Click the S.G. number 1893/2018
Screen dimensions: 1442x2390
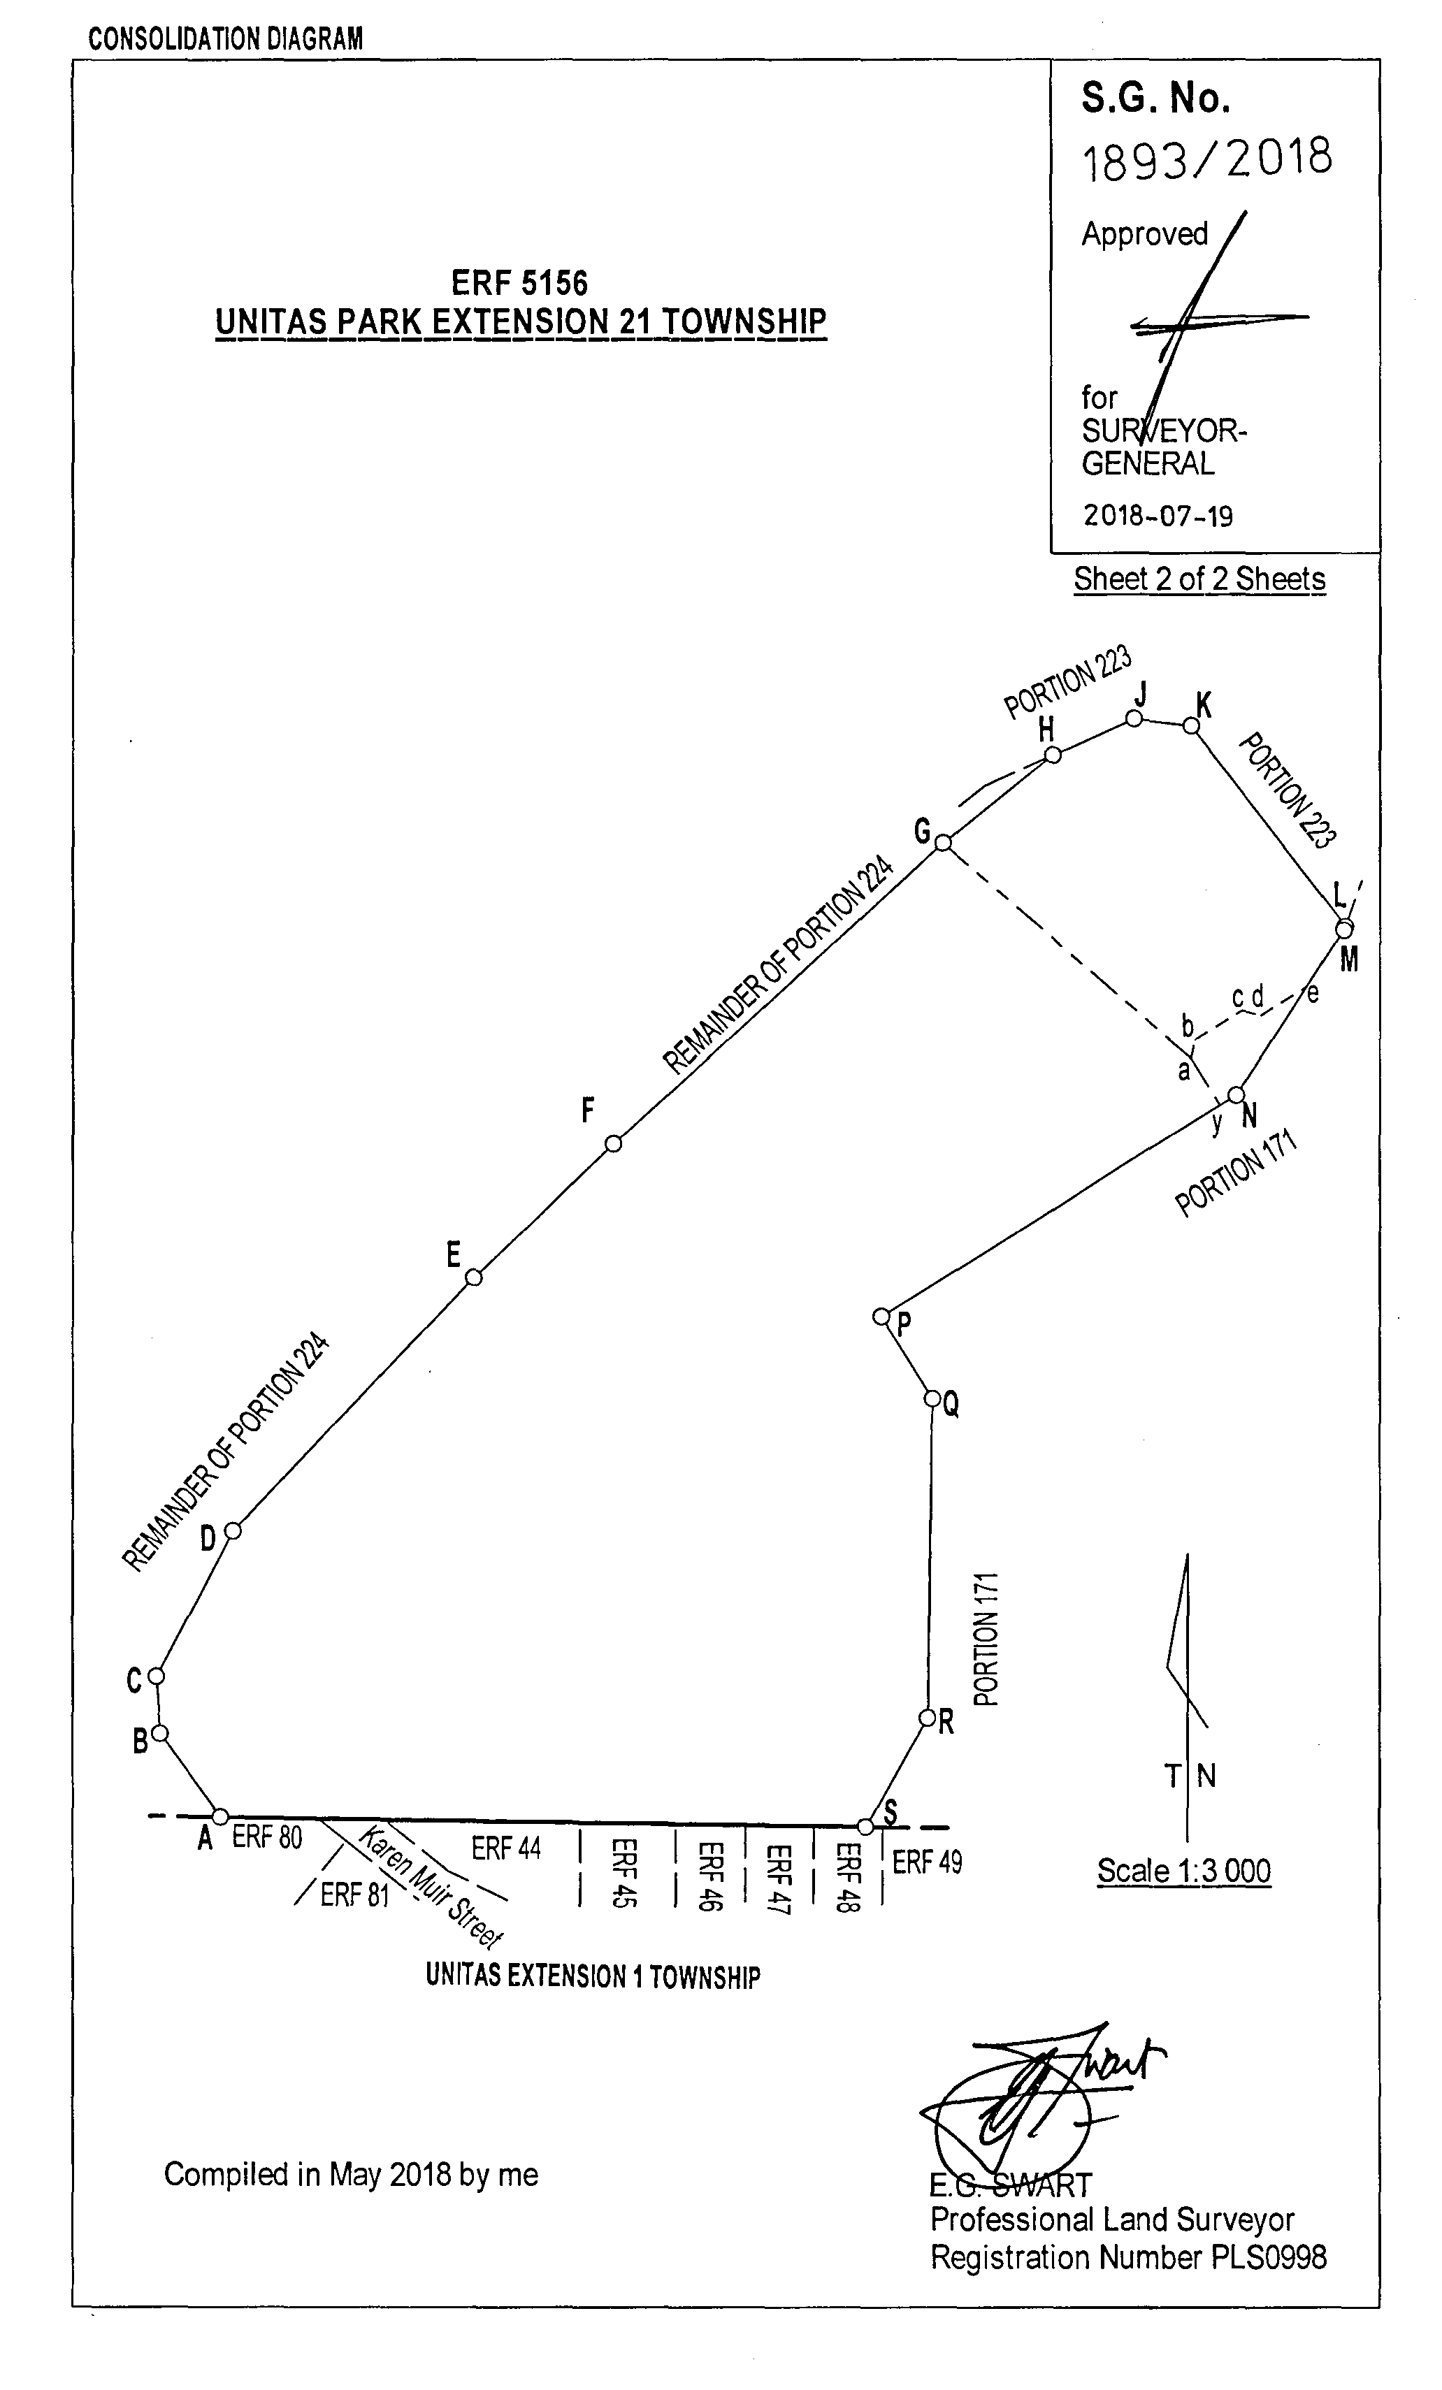point(1206,158)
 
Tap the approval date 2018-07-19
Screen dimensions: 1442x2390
point(1158,515)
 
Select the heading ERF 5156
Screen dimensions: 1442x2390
point(519,282)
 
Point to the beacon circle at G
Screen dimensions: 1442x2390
point(942,843)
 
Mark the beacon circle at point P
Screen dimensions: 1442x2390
point(881,1316)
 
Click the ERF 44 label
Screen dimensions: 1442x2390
point(505,1848)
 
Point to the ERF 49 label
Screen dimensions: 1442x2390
point(927,1862)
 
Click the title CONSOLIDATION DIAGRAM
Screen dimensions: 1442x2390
point(225,39)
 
